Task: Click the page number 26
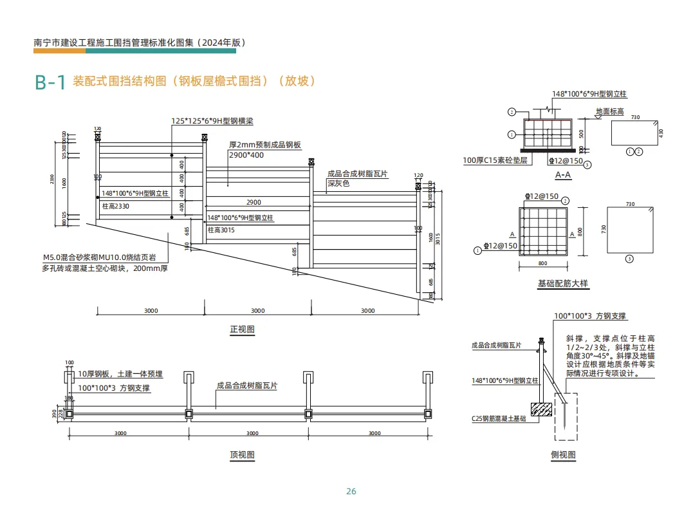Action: pyautogui.click(x=351, y=492)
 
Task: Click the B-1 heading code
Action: pyautogui.click(x=50, y=82)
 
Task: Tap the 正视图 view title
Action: pyautogui.click(x=242, y=330)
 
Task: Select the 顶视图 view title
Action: pyautogui.click(x=242, y=455)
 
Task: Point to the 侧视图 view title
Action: pyautogui.click(x=563, y=455)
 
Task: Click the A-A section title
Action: pyautogui.click(x=563, y=174)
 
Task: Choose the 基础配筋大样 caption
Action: pyautogui.click(x=562, y=283)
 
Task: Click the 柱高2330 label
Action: pyautogui.click(x=116, y=206)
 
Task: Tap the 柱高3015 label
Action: pyautogui.click(x=221, y=229)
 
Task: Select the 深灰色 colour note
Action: pyautogui.click(x=338, y=184)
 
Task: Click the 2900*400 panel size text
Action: pyautogui.click(x=246, y=155)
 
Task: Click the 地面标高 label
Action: pyautogui.click(x=609, y=111)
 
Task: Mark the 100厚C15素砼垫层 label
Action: pyautogui.click(x=495, y=160)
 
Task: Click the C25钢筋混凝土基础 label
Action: pyautogui.click(x=498, y=418)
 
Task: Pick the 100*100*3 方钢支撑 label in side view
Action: pyautogui.click(x=589, y=316)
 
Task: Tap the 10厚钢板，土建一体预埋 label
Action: pyautogui.click(x=120, y=374)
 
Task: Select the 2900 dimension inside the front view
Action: pyautogui.click(x=254, y=202)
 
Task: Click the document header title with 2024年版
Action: pyautogui.click(x=140, y=42)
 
